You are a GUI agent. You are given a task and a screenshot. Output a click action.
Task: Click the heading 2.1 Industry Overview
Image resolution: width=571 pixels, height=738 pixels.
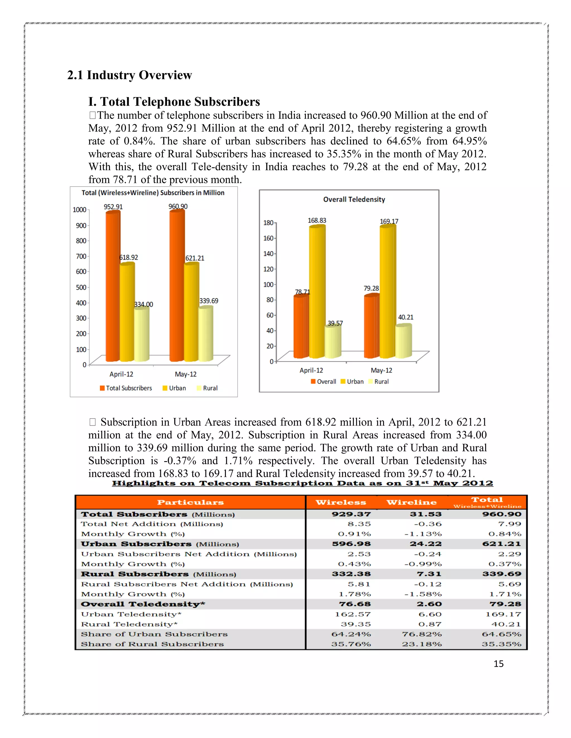(130, 75)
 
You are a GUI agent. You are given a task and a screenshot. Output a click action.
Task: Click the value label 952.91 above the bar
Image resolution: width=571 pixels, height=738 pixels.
(113, 207)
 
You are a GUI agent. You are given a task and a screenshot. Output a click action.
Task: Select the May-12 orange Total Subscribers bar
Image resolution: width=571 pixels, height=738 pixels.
(176, 287)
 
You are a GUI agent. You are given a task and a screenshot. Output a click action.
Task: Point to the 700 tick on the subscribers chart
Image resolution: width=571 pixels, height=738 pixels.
(81, 256)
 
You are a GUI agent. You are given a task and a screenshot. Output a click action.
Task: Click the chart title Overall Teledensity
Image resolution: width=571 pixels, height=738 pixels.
(354, 199)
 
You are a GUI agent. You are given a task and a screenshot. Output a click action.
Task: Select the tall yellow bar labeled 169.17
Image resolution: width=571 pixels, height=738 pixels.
(387, 292)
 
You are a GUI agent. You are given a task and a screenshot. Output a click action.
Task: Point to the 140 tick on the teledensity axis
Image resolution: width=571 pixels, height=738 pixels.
(268, 253)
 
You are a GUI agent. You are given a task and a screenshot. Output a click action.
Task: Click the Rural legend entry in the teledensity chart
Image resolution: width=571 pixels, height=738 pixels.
(379, 382)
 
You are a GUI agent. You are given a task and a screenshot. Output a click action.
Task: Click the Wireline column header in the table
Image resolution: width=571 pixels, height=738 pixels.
(411, 502)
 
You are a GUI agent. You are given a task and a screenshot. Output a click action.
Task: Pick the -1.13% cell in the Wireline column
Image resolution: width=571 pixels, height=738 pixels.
(423, 534)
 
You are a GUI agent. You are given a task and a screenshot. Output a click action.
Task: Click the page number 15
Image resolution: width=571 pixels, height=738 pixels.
(498, 664)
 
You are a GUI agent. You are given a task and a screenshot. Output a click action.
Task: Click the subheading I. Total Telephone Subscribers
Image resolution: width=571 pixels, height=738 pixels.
(174, 102)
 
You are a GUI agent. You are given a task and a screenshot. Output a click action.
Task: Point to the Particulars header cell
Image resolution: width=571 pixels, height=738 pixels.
(190, 502)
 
